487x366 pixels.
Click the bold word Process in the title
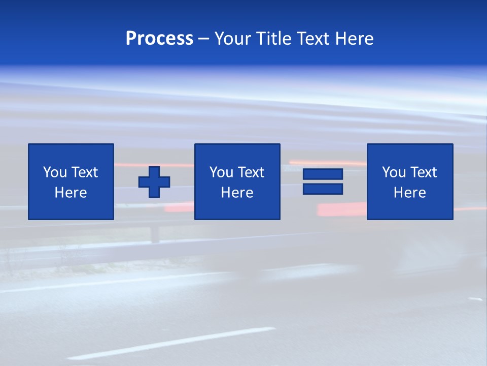[159, 39]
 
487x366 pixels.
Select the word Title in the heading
[274, 39]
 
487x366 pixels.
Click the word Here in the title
[354, 39]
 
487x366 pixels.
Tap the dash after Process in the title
[204, 39]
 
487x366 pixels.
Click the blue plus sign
[154, 182]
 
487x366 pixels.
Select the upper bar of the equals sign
[323, 174]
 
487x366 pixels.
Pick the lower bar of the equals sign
[323, 189]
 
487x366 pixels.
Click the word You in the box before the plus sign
[55, 172]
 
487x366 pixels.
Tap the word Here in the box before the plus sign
[71, 193]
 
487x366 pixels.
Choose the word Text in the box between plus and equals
[250, 172]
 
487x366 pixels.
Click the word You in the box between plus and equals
[221, 172]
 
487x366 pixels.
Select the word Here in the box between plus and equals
[237, 193]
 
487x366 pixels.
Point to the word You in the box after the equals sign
[394, 172]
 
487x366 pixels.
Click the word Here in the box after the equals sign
[409, 193]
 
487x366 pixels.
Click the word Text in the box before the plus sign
[84, 172]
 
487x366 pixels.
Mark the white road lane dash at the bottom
[172, 343]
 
